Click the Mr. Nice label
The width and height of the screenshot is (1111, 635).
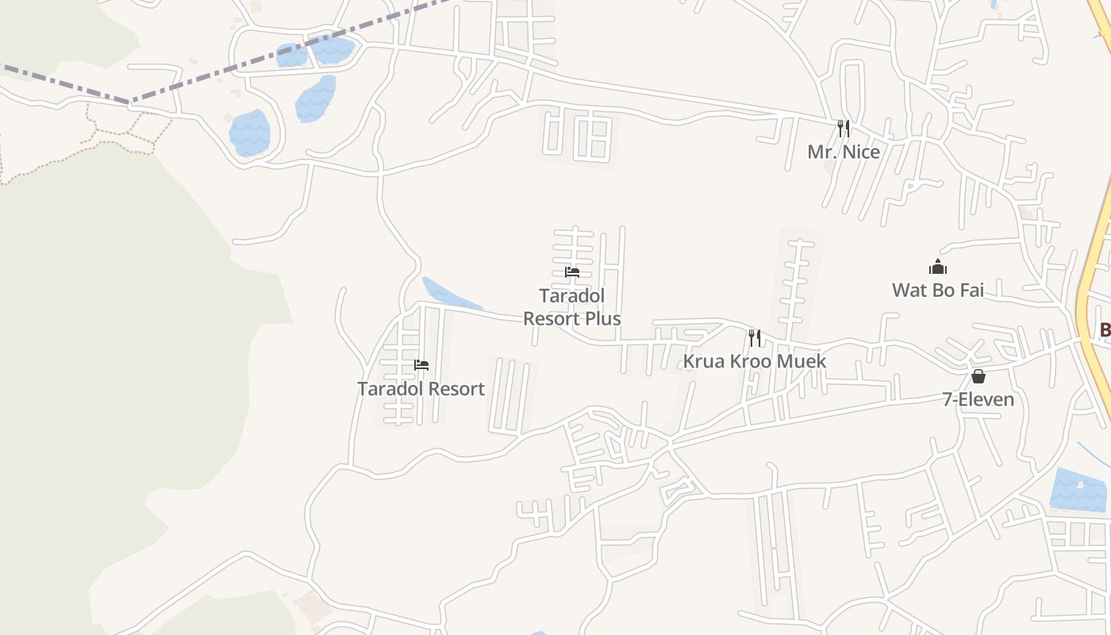tap(844, 152)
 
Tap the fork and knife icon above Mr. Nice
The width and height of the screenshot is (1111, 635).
tap(844, 128)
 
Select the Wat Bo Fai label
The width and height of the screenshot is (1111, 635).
tap(937, 290)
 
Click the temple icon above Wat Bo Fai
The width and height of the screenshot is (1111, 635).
tap(938, 267)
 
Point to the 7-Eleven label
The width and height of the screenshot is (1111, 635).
tap(978, 399)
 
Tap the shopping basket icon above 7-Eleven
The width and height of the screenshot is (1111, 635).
tap(978, 376)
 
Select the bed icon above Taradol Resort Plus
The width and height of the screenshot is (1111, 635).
tap(572, 272)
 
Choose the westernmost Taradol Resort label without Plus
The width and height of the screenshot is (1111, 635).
tap(421, 389)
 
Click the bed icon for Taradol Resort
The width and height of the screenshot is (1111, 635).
tap(421, 365)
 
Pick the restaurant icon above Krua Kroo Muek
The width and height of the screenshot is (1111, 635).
tap(754, 338)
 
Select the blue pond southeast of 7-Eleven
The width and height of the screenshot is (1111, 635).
tap(1078, 489)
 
